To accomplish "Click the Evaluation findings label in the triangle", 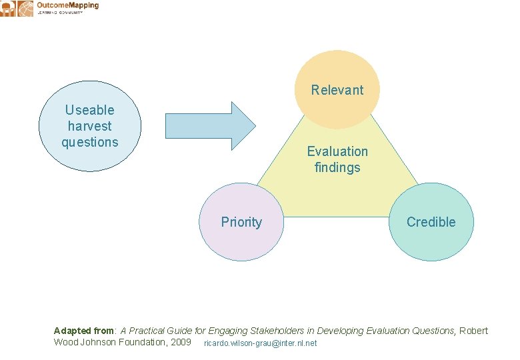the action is (x=337, y=159).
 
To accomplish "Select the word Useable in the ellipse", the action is (x=90, y=110).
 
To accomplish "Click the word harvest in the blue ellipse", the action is (x=90, y=126).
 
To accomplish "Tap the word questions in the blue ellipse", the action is (x=90, y=142).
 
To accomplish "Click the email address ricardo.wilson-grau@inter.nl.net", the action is (x=260, y=343).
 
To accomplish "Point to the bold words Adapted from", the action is (x=84, y=331).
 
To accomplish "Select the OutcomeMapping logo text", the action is (x=67, y=5).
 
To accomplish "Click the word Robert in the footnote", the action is (x=473, y=331).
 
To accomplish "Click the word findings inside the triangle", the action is (x=337, y=167).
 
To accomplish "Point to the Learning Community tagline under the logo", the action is (x=60, y=13).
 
